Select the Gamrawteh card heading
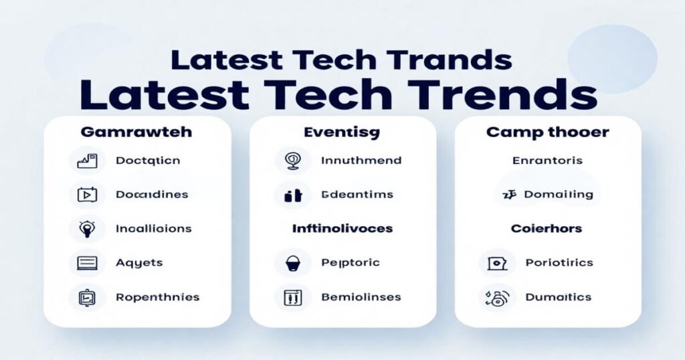(x=136, y=132)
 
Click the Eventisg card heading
(x=341, y=132)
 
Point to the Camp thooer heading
(x=547, y=132)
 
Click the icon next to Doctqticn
(x=87, y=161)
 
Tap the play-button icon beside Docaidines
(x=87, y=195)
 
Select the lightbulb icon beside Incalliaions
(x=87, y=228)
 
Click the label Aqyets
(x=138, y=263)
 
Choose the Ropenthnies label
(x=157, y=297)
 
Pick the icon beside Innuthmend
(x=293, y=161)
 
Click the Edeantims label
(x=357, y=195)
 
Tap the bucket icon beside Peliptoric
(x=293, y=263)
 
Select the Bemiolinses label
(x=361, y=297)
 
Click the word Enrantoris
(x=547, y=161)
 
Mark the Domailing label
(x=559, y=195)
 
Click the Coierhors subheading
(x=547, y=228)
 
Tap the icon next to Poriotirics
(x=496, y=263)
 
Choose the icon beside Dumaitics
(x=496, y=297)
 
